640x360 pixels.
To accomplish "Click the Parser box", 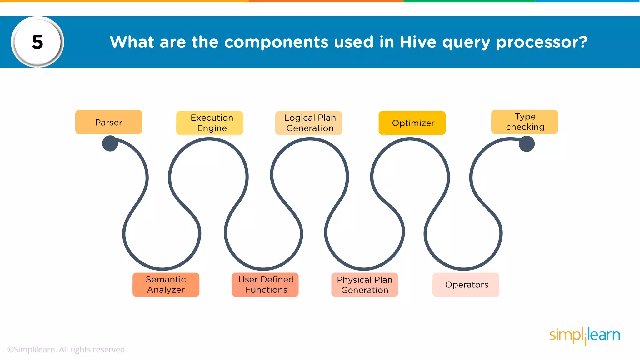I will point(109,122).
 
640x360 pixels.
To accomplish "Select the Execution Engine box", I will point(210,123).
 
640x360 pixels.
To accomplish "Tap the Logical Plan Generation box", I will point(309,123).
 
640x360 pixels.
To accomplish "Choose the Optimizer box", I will point(412,123).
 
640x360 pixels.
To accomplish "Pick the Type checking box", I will point(525,122).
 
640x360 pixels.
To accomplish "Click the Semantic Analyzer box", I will point(166,285).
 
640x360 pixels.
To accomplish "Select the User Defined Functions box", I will point(265,285).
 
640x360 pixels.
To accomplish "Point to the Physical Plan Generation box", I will point(365,285).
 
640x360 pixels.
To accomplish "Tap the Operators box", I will point(466,285).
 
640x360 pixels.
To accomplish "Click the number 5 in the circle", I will point(37,42).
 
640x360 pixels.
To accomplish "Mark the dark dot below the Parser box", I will point(110,143).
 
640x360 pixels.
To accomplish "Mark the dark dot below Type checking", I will point(527,144).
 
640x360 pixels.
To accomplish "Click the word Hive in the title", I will point(418,42).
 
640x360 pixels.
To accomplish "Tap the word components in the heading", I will point(276,42).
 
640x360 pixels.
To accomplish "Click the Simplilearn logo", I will point(585,336).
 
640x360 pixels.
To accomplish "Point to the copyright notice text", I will point(67,349).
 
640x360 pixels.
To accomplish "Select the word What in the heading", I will point(132,42).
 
